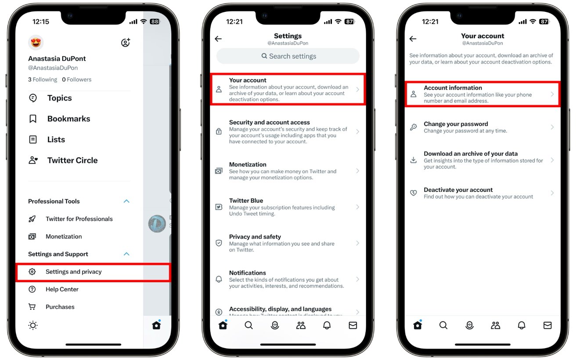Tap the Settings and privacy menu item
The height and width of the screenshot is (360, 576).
[x=73, y=272]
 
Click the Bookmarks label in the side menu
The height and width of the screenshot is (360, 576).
[x=68, y=119]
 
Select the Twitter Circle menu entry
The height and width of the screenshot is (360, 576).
[x=72, y=160]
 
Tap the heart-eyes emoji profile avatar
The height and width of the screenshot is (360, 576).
[x=36, y=43]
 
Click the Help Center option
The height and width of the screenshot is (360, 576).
[x=62, y=289]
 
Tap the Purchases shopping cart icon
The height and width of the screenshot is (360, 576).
[x=32, y=307]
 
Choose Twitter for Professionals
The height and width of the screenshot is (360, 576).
[x=79, y=219]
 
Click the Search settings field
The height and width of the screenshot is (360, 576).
[x=288, y=56]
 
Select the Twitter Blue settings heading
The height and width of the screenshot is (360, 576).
[x=246, y=201]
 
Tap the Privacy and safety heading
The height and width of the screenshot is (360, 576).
[x=255, y=237]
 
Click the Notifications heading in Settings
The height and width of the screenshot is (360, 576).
[x=248, y=273]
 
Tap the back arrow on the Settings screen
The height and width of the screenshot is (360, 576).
[x=218, y=39]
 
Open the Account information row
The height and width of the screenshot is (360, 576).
[x=482, y=94]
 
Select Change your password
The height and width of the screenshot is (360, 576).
[x=456, y=124]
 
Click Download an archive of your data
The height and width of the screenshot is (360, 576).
[x=470, y=154]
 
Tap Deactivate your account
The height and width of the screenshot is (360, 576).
[x=458, y=190]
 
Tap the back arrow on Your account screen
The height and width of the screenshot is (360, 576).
[x=413, y=39]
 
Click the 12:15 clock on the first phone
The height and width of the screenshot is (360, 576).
[x=41, y=22]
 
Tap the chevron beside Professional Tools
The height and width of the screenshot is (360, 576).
[x=126, y=201]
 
